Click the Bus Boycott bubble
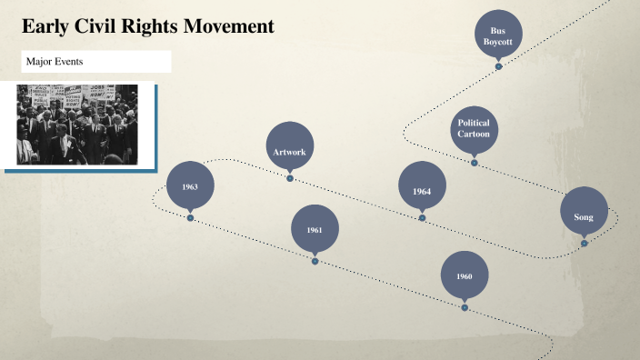pyautogui.click(x=498, y=35)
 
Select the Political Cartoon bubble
pyautogui.click(x=474, y=129)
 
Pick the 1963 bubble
pyautogui.click(x=190, y=186)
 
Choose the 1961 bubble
pyautogui.click(x=315, y=230)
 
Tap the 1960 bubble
pyautogui.click(x=465, y=275)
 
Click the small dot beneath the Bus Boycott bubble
pyautogui.click(x=498, y=66)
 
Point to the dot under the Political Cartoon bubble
pyautogui.click(x=474, y=163)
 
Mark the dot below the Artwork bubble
pyautogui.click(x=290, y=178)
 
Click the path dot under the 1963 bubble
pyautogui.click(x=190, y=217)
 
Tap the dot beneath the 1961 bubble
pyautogui.click(x=315, y=261)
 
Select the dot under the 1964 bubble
pyautogui.click(x=422, y=218)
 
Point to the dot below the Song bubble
pyautogui.click(x=584, y=243)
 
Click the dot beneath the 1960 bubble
pyautogui.click(x=465, y=307)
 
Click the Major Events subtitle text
pyautogui.click(x=55, y=62)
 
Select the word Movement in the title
pyautogui.click(x=228, y=27)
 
